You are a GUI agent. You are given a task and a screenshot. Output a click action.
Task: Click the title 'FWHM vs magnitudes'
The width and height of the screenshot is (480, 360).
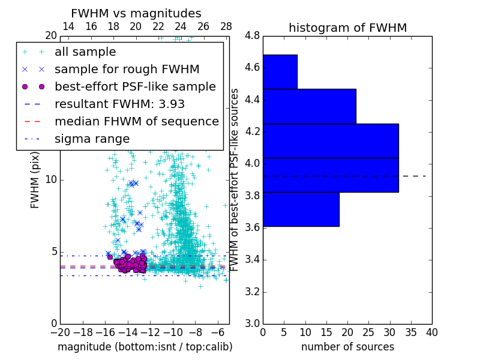tap(136, 13)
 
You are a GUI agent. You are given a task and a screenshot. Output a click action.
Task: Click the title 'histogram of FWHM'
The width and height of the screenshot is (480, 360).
tap(347, 28)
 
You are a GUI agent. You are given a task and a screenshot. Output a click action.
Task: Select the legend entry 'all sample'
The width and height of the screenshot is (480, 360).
tap(85, 52)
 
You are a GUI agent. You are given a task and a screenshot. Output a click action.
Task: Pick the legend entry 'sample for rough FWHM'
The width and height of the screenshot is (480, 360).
tap(127, 69)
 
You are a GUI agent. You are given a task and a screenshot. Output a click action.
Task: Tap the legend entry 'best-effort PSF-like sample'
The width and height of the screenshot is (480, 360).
tap(135, 86)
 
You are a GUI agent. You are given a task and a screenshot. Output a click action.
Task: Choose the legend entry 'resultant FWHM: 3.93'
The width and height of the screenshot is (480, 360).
tap(119, 104)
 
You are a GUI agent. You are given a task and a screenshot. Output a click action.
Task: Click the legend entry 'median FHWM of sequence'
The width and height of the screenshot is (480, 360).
tap(136, 121)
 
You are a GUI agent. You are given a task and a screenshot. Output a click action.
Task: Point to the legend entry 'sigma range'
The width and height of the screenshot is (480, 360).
tap(92, 139)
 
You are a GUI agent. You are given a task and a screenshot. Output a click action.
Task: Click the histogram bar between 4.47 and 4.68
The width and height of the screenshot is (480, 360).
tap(280, 72)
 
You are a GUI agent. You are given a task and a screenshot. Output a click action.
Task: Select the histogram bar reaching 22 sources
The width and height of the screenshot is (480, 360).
tap(309, 106)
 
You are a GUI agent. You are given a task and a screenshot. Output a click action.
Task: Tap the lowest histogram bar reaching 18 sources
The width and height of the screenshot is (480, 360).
tap(301, 209)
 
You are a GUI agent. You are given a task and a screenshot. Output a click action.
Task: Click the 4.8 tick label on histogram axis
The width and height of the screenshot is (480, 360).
tap(253, 36)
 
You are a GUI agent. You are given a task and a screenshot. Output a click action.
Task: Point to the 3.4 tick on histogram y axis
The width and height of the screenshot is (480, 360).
tap(253, 260)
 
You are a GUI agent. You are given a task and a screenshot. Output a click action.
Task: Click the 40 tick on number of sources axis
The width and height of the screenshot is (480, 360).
tap(431, 332)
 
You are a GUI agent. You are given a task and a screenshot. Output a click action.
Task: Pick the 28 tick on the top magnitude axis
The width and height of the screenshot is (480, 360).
tap(226, 26)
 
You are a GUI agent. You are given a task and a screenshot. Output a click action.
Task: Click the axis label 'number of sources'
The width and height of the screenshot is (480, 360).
tap(347, 347)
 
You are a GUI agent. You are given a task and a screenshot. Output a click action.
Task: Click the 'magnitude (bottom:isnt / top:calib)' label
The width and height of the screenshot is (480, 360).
tap(145, 347)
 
